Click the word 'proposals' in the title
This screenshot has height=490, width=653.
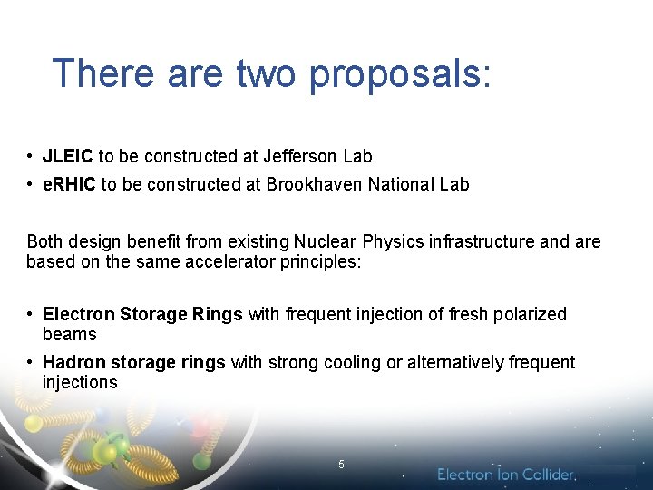[x=400, y=73]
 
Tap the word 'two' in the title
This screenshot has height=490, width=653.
[x=267, y=73]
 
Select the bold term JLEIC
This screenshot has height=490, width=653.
[x=68, y=156]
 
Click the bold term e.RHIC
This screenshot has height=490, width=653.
[x=70, y=184]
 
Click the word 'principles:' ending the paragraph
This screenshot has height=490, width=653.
[x=316, y=261]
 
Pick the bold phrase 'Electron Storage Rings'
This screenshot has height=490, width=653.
[x=142, y=314]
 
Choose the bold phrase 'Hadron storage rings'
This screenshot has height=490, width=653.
[x=133, y=362]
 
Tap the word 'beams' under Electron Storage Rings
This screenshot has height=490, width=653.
[x=69, y=334]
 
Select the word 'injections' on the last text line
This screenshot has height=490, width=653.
[x=80, y=382]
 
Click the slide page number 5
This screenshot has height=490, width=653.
[x=341, y=465]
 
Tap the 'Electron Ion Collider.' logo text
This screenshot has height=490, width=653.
[x=506, y=475]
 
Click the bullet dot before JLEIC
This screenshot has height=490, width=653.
[x=31, y=156]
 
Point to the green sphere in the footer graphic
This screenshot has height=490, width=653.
[x=107, y=449]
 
